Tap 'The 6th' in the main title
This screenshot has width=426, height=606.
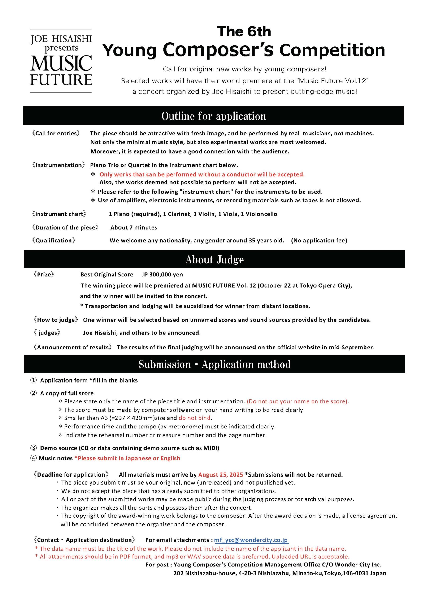pyautogui.click(x=244, y=32)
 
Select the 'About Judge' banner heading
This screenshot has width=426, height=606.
pyautogui.click(x=215, y=260)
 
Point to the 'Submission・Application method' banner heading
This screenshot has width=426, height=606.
pyautogui.click(x=215, y=364)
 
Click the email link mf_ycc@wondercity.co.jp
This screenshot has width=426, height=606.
pyautogui.click(x=251, y=540)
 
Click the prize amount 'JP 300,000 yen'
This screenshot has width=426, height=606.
pyautogui.click(x=162, y=275)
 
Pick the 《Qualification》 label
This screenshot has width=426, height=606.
pyautogui.click(x=53, y=241)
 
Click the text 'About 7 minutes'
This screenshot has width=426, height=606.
pyautogui.click(x=134, y=227)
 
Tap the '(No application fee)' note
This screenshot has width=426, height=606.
pyautogui.click(x=319, y=241)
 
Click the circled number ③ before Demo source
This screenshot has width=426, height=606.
pyautogui.click(x=34, y=448)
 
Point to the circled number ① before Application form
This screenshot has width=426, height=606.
pyautogui.click(x=34, y=380)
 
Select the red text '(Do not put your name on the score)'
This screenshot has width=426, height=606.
pyautogui.click(x=298, y=401)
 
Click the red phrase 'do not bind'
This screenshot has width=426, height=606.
pyautogui.click(x=195, y=418)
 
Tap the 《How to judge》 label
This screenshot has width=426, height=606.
pyautogui.click(x=56, y=320)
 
